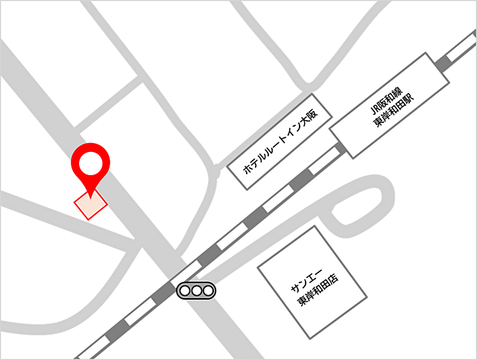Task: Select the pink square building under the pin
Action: (90, 203)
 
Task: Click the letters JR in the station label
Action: (376, 109)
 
